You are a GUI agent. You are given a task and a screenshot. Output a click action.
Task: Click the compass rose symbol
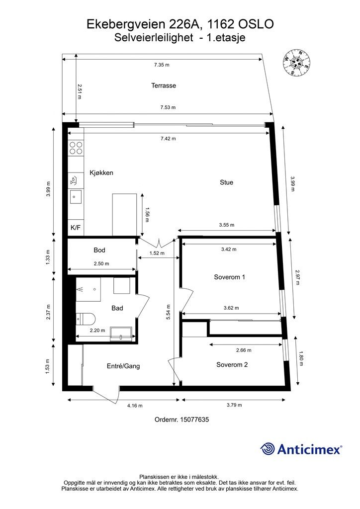pyautogui.click(x=296, y=62)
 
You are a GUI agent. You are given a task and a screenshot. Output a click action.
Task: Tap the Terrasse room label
pyautogui.click(x=164, y=85)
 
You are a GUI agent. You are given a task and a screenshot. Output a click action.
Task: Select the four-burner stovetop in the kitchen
pyautogui.click(x=76, y=148)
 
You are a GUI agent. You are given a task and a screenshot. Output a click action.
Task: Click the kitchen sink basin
pyautogui.click(x=76, y=197)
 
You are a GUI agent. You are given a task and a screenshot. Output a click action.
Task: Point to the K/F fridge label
pyautogui.click(x=76, y=228)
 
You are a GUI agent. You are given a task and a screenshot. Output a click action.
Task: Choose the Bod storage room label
pyautogui.click(x=99, y=250)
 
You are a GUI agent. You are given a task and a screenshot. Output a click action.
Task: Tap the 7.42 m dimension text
pyautogui.click(x=168, y=139)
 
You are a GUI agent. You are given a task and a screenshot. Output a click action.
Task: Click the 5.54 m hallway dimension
pyautogui.click(x=168, y=312)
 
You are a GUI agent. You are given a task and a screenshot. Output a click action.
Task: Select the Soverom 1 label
pyautogui.click(x=230, y=277)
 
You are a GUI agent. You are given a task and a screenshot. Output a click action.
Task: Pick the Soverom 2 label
pyautogui.click(x=232, y=365)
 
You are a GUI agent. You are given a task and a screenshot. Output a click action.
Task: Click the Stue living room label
pyautogui.click(x=227, y=182)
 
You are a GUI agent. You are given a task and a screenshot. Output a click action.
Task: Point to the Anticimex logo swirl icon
pyautogui.click(x=268, y=449)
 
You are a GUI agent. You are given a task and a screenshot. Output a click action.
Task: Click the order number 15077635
pyautogui.click(x=194, y=420)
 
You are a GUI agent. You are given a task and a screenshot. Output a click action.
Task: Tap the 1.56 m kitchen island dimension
pyautogui.click(x=147, y=215)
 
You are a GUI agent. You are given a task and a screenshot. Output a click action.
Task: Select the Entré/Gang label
pyautogui.click(x=123, y=366)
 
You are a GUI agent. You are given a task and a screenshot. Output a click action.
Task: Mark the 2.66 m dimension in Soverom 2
pyautogui.click(x=244, y=350)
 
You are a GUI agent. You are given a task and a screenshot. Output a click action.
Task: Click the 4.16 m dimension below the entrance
pyautogui.click(x=135, y=406)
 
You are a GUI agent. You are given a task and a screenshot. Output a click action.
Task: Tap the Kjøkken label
pyautogui.click(x=101, y=172)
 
